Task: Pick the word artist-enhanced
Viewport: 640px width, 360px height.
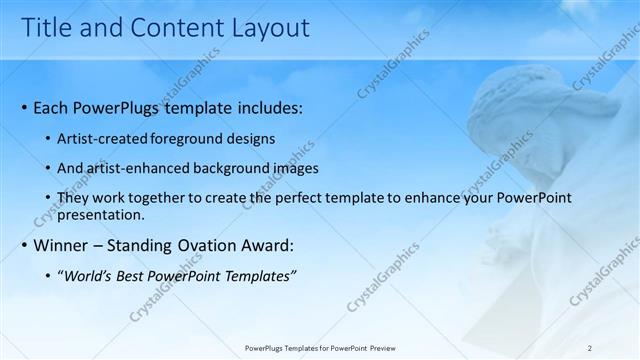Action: (139, 169)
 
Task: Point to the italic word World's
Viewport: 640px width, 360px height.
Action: (88, 276)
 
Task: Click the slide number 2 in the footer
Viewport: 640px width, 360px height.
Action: (589, 348)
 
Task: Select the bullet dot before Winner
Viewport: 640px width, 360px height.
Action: (24, 246)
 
